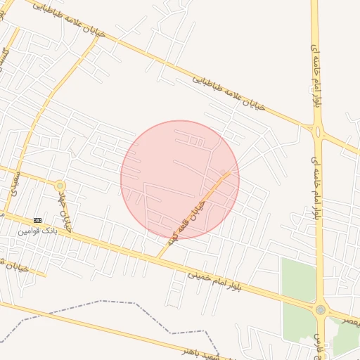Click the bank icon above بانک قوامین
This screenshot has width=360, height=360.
(37, 220)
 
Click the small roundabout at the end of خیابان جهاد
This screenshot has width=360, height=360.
(60, 186)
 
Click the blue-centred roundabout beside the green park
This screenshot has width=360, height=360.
(321, 309)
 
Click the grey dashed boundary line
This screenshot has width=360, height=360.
(105, 302)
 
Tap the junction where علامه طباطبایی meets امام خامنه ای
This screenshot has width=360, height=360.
(317, 130)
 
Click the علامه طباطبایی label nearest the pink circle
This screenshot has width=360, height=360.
(231, 92)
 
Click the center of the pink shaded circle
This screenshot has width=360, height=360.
(180, 179)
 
